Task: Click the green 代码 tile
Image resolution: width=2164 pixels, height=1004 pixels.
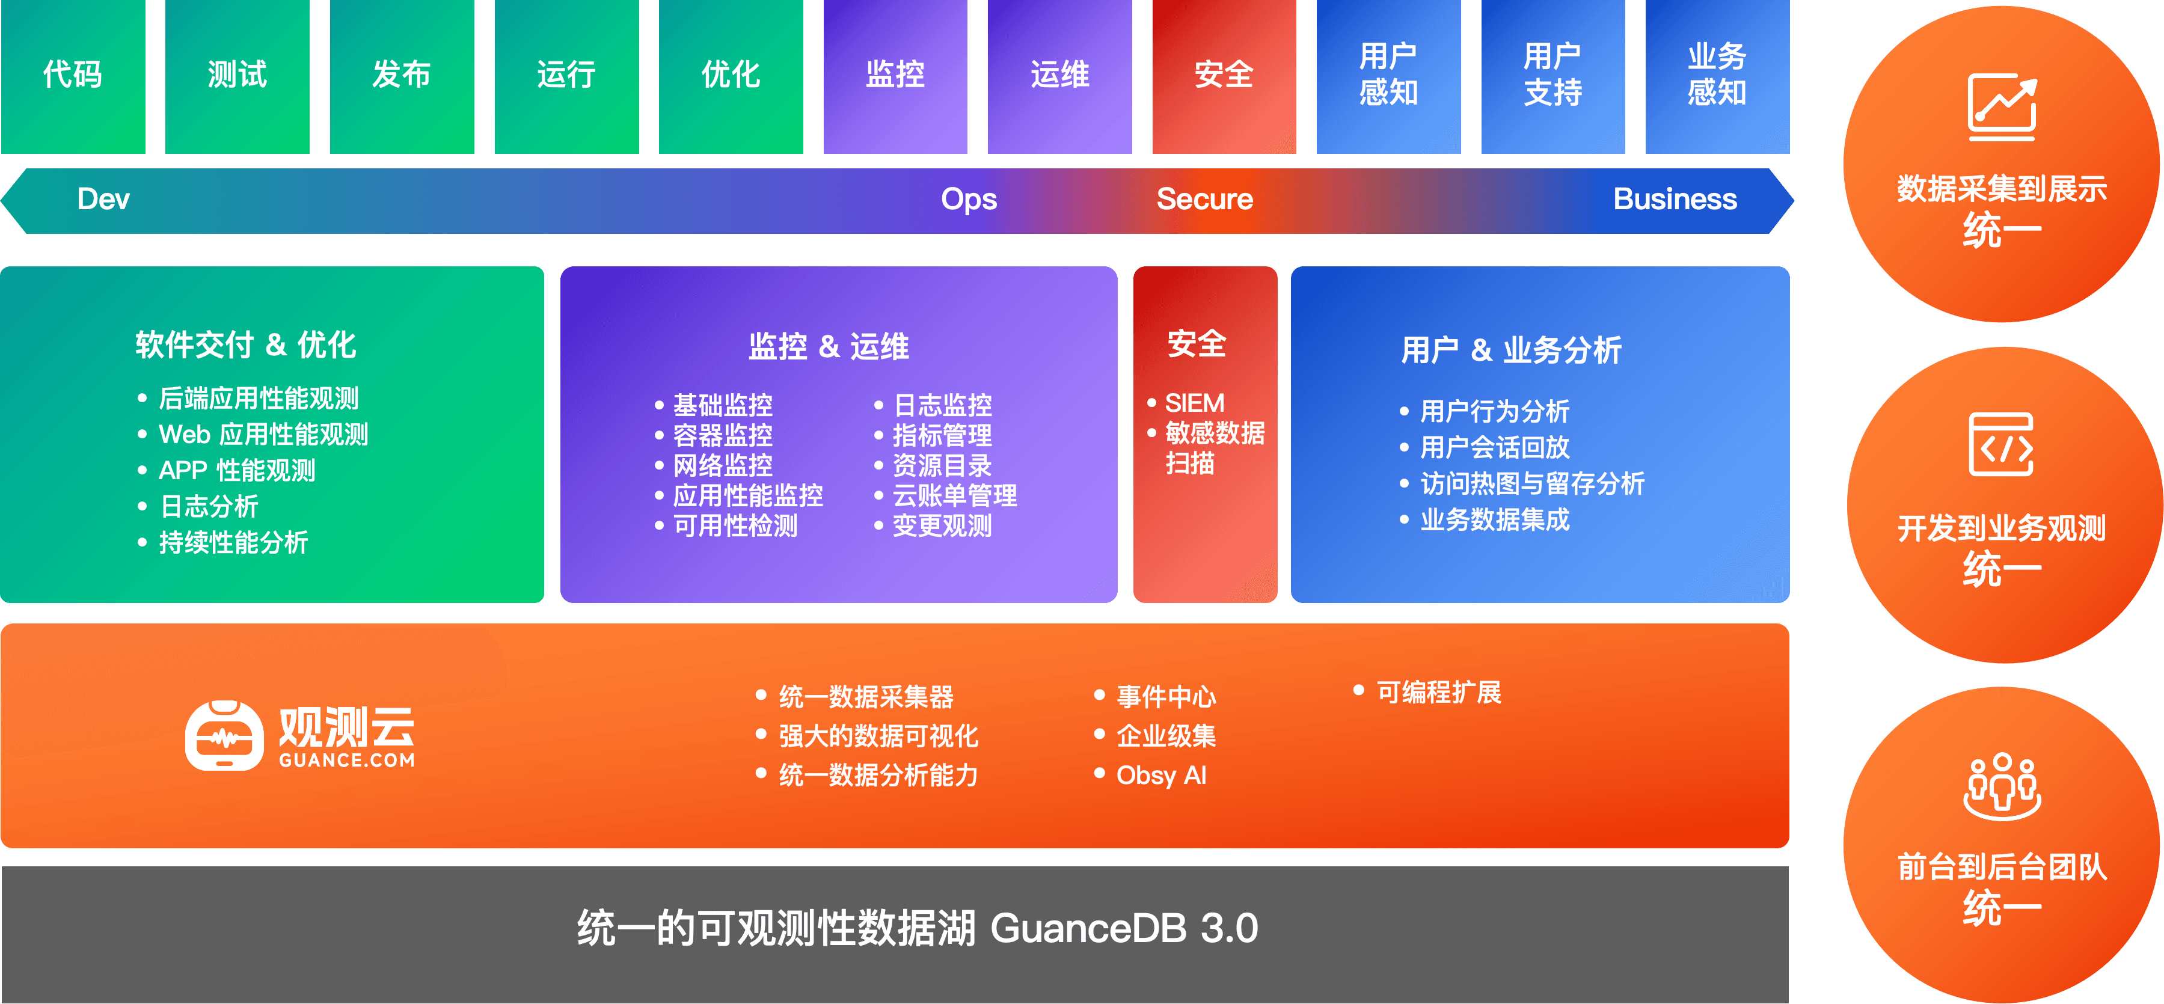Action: [73, 76]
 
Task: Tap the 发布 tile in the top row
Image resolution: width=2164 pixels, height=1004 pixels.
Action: [402, 76]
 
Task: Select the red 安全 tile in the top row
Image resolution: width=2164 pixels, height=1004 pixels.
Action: [1224, 76]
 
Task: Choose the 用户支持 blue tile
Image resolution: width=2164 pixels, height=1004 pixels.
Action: [1553, 76]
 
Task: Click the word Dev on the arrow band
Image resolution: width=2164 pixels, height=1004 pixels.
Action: [103, 199]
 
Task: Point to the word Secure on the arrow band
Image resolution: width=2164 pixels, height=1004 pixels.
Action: [1204, 199]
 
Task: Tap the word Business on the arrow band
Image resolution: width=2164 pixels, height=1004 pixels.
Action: [1675, 199]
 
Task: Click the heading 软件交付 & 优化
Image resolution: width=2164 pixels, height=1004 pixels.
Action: [246, 344]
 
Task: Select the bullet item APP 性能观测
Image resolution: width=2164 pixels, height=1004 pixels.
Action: [237, 471]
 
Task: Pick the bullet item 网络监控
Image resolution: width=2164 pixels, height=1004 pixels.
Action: [723, 465]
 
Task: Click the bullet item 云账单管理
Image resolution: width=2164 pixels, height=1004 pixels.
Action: [954, 496]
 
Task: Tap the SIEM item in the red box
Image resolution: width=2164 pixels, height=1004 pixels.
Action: [1195, 403]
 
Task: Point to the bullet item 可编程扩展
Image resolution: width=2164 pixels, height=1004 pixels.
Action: [1438, 693]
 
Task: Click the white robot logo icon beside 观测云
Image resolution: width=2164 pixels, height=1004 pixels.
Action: [224, 736]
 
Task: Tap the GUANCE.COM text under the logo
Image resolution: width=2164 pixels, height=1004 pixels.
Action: [347, 761]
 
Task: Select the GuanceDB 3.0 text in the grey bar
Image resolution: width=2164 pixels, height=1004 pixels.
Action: [1124, 928]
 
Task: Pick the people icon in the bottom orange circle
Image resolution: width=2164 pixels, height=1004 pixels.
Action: [2002, 786]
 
